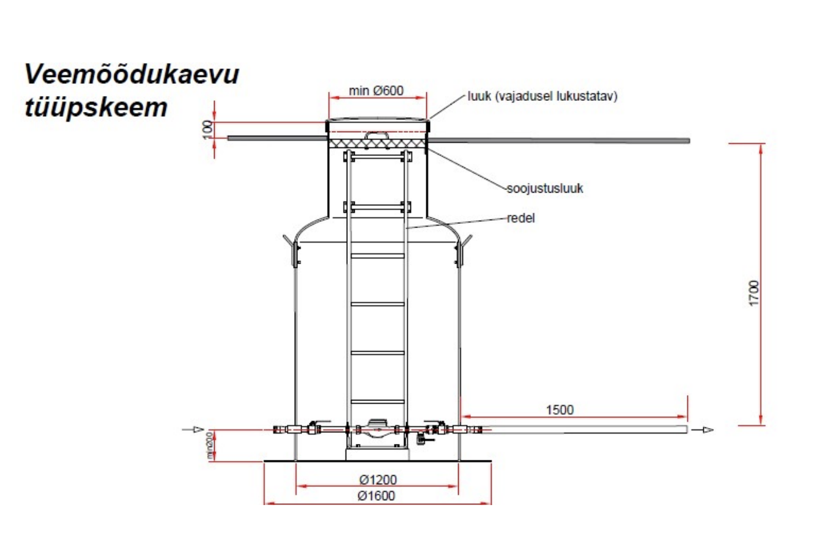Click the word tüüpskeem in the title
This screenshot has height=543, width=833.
point(95,108)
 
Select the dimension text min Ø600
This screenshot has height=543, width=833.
point(376,90)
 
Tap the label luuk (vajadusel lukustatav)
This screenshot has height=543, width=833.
point(542,96)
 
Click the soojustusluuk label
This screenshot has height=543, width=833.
point(545,188)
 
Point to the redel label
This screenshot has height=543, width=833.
point(521,218)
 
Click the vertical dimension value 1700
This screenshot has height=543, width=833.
point(753,294)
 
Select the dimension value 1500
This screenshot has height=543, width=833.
point(560,410)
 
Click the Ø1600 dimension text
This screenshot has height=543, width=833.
point(376,496)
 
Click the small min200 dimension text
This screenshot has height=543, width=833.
point(209,445)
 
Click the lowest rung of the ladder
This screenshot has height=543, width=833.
point(377,401)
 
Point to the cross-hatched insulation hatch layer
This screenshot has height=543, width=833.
point(377,142)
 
